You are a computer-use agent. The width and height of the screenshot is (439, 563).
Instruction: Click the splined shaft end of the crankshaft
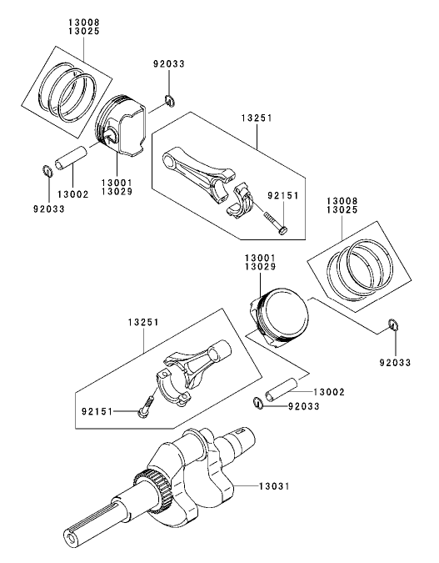click(83, 529)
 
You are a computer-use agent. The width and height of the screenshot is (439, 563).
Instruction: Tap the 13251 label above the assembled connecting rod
click(144, 321)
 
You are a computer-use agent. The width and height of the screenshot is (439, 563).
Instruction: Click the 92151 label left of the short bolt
click(98, 410)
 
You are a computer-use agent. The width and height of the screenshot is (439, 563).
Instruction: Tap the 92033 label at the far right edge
click(394, 363)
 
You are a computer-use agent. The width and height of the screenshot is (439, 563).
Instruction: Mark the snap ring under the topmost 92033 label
click(169, 102)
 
